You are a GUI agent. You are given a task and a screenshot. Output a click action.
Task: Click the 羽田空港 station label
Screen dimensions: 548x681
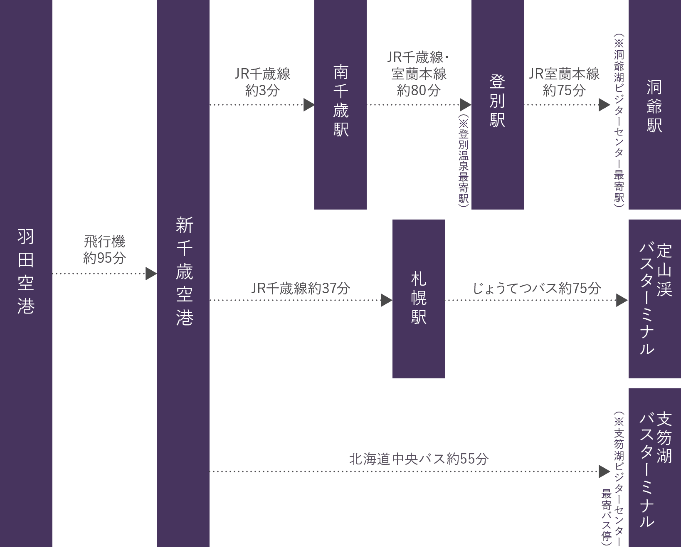(x=26, y=271)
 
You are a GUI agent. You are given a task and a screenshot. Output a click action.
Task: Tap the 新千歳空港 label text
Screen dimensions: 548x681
(x=184, y=271)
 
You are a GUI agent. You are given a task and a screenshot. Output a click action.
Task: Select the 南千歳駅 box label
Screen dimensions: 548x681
(x=340, y=101)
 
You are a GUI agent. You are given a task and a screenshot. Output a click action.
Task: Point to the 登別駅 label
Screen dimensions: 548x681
(x=497, y=101)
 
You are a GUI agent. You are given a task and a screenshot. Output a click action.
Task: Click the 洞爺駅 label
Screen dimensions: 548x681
(x=654, y=106)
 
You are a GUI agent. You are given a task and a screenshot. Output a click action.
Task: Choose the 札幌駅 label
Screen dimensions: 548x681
(x=419, y=298)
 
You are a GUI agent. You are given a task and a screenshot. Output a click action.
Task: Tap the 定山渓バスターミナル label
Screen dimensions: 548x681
(x=655, y=299)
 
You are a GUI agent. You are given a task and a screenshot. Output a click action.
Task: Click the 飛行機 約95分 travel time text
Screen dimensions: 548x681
(x=104, y=249)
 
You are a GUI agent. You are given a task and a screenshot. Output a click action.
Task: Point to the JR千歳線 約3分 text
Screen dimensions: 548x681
(x=262, y=82)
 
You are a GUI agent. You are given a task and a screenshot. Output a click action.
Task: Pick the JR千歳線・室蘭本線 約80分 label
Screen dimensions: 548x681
(x=419, y=74)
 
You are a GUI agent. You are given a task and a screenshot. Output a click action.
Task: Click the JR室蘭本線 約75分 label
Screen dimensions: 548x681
(x=564, y=82)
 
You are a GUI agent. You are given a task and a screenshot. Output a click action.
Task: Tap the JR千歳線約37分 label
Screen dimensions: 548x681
(x=301, y=288)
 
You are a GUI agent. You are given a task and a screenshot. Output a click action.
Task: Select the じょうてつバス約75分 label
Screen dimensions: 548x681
(x=537, y=288)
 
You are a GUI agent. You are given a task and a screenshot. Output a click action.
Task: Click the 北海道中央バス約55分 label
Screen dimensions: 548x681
(x=419, y=459)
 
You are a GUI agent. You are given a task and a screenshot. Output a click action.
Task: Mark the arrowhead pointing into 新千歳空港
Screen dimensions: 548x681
(x=151, y=274)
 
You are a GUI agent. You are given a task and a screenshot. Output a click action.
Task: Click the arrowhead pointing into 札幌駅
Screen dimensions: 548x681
(x=386, y=300)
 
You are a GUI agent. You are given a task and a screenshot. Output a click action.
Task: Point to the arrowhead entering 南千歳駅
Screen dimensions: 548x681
(x=308, y=105)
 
